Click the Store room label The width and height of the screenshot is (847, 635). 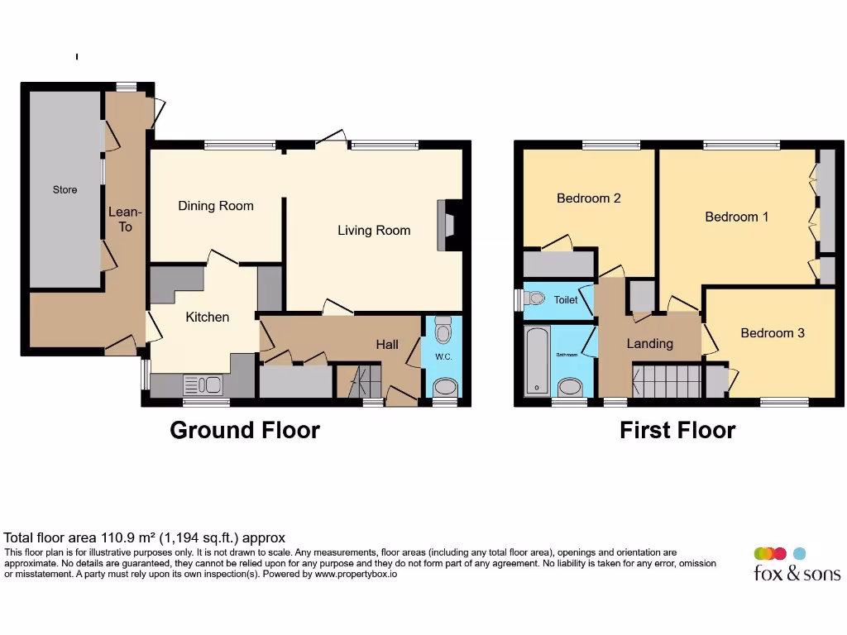coord(65,190)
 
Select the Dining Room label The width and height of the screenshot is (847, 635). coord(216,206)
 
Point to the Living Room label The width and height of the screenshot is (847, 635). coord(374,231)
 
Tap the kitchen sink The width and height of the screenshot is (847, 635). coord(203,384)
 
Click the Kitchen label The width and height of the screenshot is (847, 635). coord(207,317)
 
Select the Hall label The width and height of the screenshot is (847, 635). coord(387,344)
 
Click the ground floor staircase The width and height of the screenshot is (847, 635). coord(357,382)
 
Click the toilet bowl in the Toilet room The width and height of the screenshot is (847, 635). coord(535,298)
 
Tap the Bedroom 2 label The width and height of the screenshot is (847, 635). coord(588,198)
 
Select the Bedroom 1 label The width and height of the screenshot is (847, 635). coord(736,217)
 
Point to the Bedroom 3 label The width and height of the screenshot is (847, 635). coord(772,333)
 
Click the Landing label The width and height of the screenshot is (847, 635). coord(649,343)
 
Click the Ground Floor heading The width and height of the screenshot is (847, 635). coord(245,430)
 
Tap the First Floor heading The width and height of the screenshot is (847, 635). coord(677,430)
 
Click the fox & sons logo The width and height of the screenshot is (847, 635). coord(796,566)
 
